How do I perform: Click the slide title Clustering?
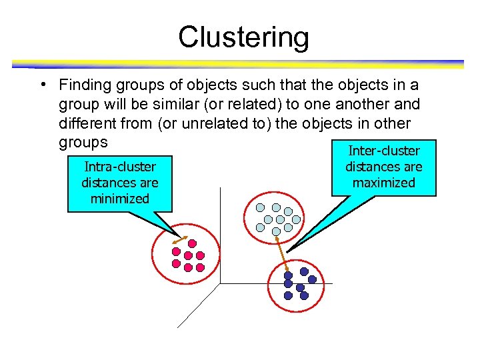(243, 37)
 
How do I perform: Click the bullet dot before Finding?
(41, 85)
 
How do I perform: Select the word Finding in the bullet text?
(85, 86)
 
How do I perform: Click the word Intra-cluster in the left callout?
(119, 167)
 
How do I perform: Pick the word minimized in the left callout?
(119, 198)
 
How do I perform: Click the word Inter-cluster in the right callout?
(384, 151)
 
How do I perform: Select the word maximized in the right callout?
(384, 182)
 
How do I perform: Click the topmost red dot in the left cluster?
(193, 243)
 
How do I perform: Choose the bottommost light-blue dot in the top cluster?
(276, 231)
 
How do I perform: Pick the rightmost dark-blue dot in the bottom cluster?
(312, 280)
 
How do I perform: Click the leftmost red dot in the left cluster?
(176, 251)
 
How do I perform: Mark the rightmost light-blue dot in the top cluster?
(296, 219)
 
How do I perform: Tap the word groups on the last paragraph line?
(83, 143)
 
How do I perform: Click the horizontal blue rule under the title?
(237, 65)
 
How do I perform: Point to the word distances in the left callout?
(119, 183)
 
